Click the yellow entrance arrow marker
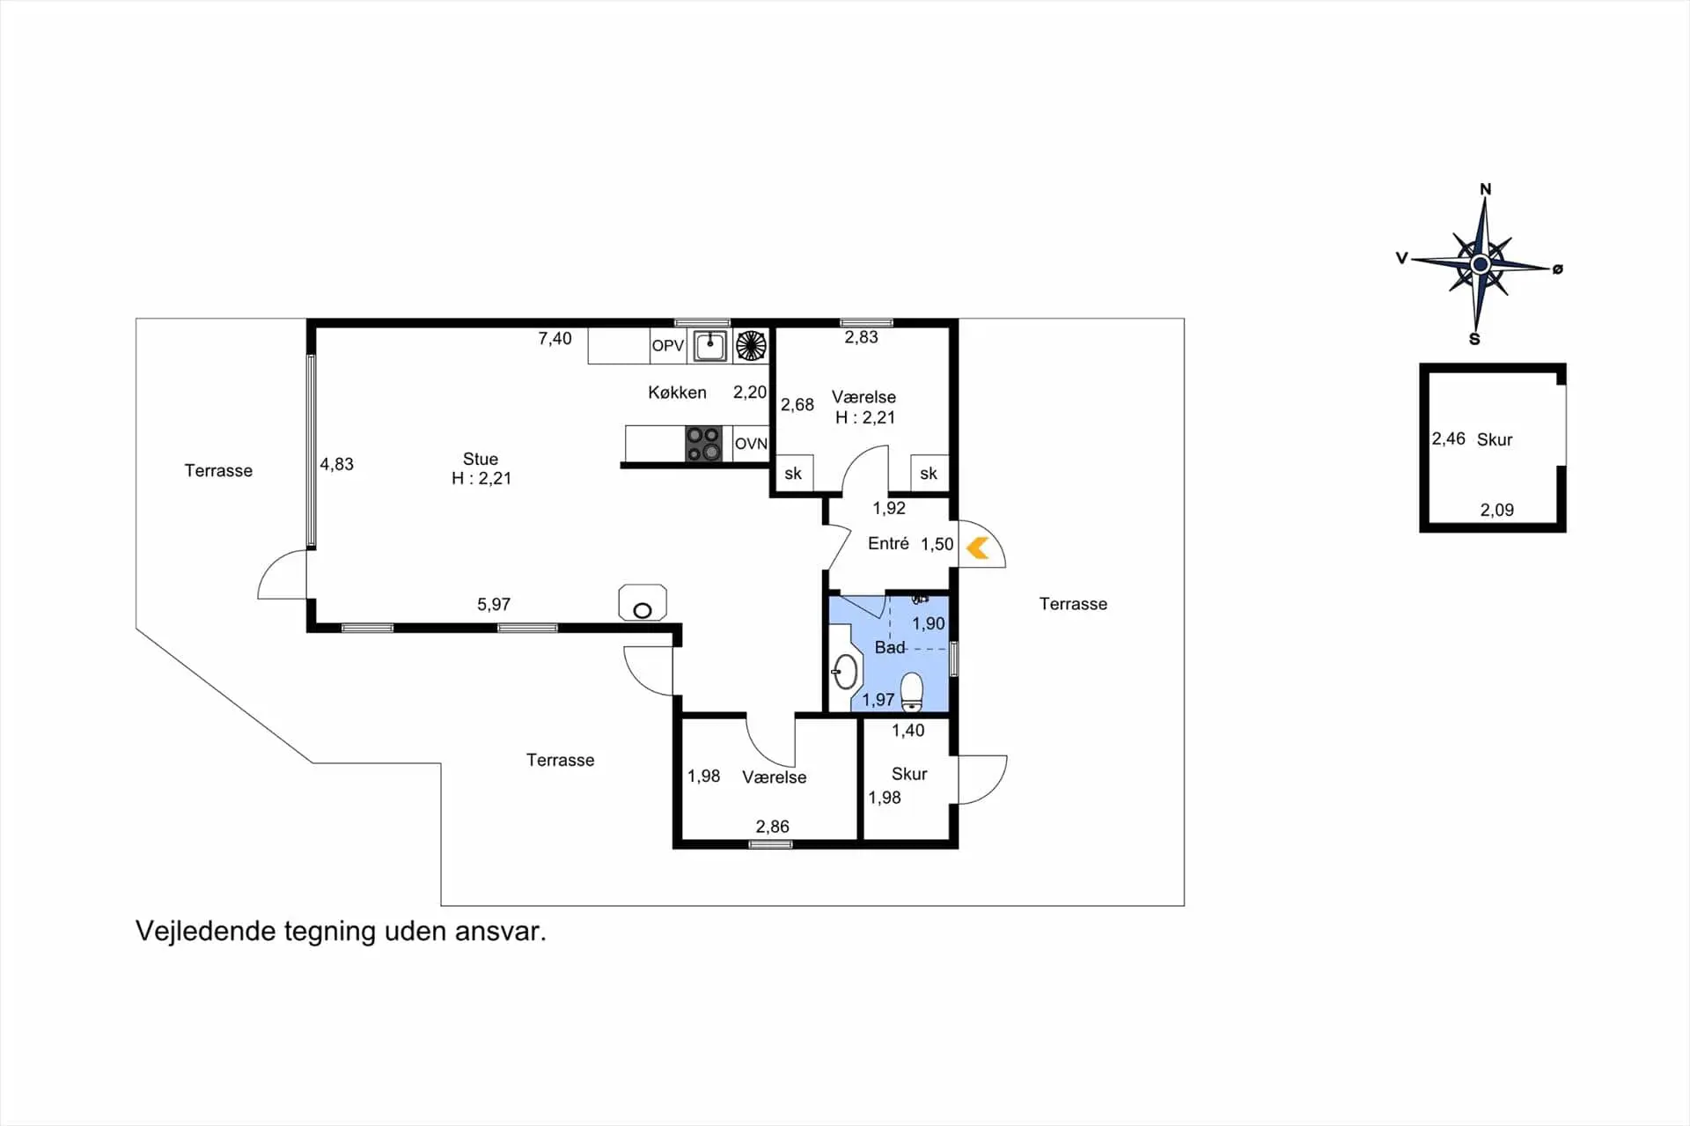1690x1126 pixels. pyautogui.click(x=977, y=548)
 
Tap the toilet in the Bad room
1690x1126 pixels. pyautogui.click(x=912, y=692)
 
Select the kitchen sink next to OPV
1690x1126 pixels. pyautogui.click(x=709, y=345)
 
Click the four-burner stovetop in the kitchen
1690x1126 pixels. pyautogui.click(x=703, y=444)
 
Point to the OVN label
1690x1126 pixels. pyautogui.click(x=751, y=444)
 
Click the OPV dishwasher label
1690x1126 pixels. pyautogui.click(x=667, y=346)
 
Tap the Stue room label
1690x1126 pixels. pyautogui.click(x=481, y=459)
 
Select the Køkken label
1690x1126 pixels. pyautogui.click(x=677, y=393)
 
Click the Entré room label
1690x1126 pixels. pyautogui.click(x=888, y=543)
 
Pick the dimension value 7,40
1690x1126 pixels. pyautogui.click(x=555, y=338)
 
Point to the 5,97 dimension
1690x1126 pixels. pyautogui.click(x=494, y=604)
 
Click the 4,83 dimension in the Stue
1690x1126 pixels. pyautogui.click(x=336, y=464)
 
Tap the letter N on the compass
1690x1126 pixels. pyautogui.click(x=1486, y=189)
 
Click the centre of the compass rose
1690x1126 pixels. pyautogui.click(x=1480, y=264)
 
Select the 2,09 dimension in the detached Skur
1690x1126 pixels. pyautogui.click(x=1496, y=510)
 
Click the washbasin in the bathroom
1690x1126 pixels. pyautogui.click(x=845, y=672)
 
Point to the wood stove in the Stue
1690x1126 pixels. pyautogui.click(x=643, y=603)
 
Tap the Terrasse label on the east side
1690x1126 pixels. pyautogui.click(x=1073, y=604)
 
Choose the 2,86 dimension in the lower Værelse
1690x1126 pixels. pyautogui.click(x=772, y=827)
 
